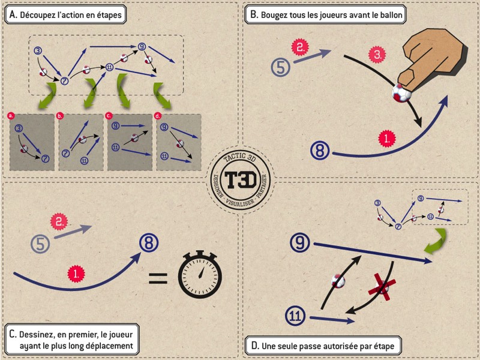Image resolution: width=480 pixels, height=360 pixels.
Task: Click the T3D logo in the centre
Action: click(239, 179)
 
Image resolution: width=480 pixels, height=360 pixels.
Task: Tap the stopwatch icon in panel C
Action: click(200, 275)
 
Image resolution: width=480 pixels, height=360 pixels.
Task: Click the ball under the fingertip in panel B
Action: click(402, 94)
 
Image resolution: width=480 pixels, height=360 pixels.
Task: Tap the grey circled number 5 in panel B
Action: click(280, 67)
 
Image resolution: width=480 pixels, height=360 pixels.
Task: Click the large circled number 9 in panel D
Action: click(299, 242)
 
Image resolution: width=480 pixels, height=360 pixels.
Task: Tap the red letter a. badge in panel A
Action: click(10, 114)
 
